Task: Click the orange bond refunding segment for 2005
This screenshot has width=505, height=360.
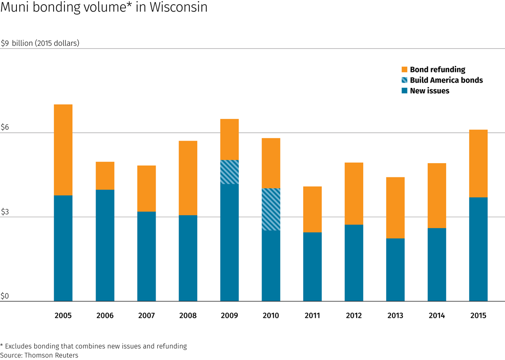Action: click(x=63, y=150)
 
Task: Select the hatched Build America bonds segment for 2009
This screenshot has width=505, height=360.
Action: click(x=229, y=172)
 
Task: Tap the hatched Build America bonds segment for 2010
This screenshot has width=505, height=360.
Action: click(x=271, y=209)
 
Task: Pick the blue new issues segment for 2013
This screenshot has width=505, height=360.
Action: click(x=395, y=270)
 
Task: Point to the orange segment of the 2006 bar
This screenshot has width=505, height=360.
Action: click(x=105, y=176)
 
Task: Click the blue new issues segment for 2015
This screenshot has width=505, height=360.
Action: click(x=478, y=249)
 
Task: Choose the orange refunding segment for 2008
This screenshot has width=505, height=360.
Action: click(x=188, y=178)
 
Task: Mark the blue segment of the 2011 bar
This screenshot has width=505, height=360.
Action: click(x=312, y=267)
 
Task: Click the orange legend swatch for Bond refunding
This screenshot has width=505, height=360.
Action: click(x=404, y=70)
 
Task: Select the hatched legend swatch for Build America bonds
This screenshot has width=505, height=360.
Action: click(x=404, y=80)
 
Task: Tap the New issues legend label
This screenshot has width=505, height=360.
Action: click(x=429, y=91)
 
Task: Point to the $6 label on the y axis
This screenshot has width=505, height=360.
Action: click(x=5, y=127)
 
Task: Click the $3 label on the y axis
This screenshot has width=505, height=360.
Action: click(x=5, y=212)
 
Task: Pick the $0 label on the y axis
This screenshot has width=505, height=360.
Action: click(x=5, y=296)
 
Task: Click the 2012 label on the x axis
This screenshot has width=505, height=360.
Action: click(x=354, y=315)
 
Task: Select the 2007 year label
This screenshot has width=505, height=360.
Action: click(x=146, y=315)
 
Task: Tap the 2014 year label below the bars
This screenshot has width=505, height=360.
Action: click(x=437, y=315)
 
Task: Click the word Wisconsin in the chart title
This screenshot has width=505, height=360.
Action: click(x=178, y=8)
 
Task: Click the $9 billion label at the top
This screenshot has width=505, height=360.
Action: click(x=40, y=43)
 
